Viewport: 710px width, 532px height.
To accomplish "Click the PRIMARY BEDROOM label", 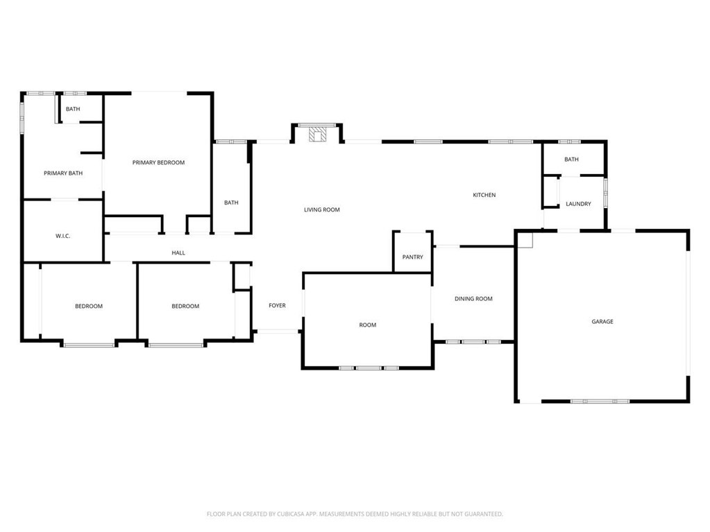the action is point(158,162).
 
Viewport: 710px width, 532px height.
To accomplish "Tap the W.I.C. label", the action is point(63,236).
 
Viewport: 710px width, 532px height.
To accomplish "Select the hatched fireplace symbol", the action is point(317,135).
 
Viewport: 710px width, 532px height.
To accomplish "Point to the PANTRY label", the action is point(412,257).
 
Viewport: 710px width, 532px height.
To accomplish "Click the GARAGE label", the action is point(602,322).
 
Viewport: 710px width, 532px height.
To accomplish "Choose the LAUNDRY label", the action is point(578,204).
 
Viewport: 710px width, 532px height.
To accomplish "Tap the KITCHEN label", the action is point(484,195).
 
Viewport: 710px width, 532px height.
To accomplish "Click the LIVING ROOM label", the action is point(322,210).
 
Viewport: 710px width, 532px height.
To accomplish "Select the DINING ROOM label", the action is point(473,299).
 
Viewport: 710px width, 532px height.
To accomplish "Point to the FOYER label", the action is point(277,306).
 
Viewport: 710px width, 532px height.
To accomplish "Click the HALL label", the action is point(178,253).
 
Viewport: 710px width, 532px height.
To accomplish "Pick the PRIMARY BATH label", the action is point(63,173).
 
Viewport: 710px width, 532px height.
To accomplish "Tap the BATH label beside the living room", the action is point(231,203).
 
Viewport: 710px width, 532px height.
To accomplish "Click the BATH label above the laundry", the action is point(571,160).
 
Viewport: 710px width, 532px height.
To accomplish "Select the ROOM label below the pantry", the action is point(368,325).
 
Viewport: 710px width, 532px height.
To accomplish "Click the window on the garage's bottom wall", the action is point(600,402).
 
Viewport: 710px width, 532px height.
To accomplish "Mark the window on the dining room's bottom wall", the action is point(473,342).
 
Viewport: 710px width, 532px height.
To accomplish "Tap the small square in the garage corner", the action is point(525,240).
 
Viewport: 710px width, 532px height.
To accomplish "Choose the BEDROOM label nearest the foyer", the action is point(185,307).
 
